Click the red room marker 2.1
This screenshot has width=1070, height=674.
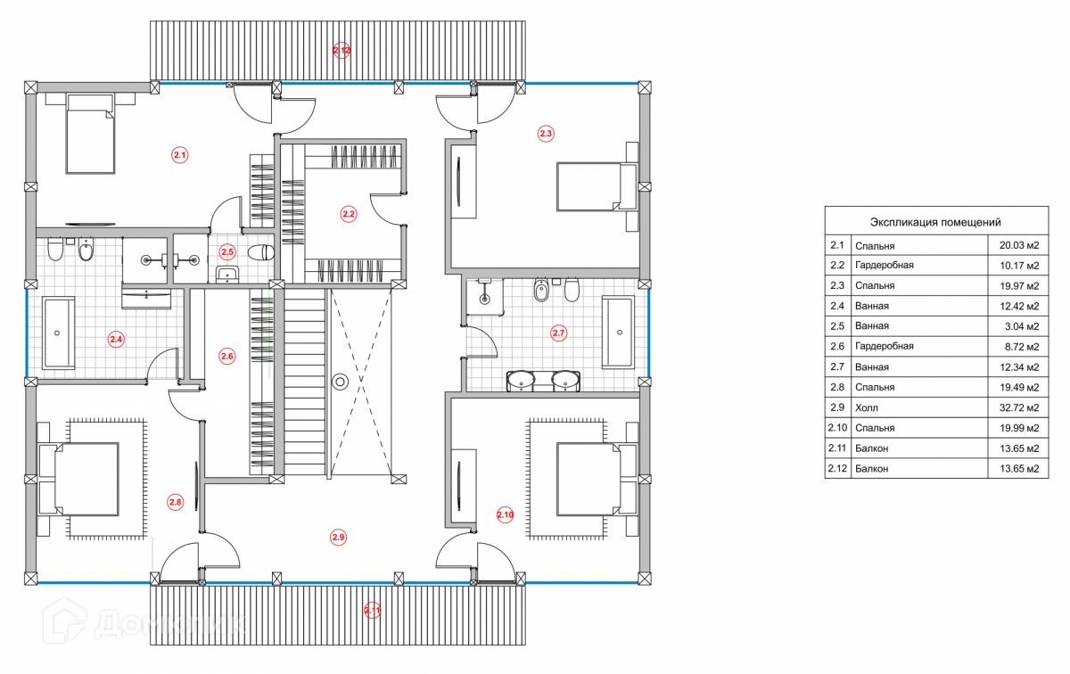180,155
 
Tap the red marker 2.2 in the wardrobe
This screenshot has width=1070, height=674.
349,213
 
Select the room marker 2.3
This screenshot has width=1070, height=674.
546,134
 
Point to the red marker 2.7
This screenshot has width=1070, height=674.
559,333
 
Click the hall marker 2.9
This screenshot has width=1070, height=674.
338,537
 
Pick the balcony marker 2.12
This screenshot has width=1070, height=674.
342,51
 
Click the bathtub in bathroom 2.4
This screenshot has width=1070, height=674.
58,333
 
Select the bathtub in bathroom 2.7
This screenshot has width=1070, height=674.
619,333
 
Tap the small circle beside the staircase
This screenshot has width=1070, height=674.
340,382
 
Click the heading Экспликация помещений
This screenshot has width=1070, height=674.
935,222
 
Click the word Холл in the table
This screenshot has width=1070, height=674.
867,407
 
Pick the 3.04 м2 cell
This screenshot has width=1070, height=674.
1019,326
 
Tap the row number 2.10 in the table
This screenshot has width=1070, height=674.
838,428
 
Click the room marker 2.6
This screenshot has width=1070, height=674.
226,357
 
